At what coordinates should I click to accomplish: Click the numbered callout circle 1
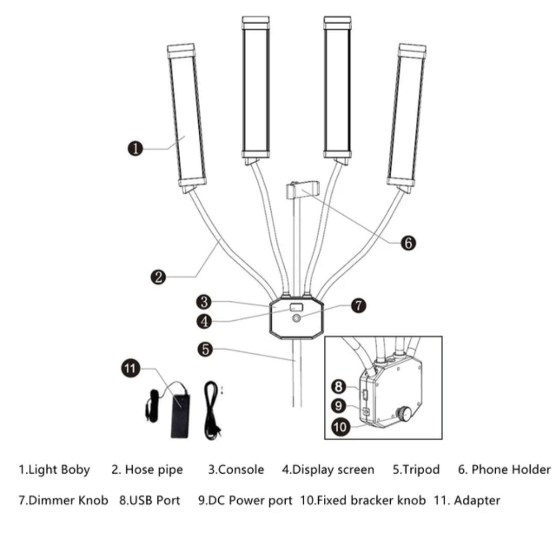click(x=135, y=149)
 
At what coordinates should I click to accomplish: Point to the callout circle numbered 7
click(x=358, y=305)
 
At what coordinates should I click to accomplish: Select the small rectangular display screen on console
click(x=296, y=308)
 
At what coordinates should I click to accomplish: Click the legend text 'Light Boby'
click(x=54, y=470)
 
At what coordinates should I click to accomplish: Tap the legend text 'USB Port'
click(x=150, y=500)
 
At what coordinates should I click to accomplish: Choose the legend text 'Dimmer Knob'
click(x=63, y=500)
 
